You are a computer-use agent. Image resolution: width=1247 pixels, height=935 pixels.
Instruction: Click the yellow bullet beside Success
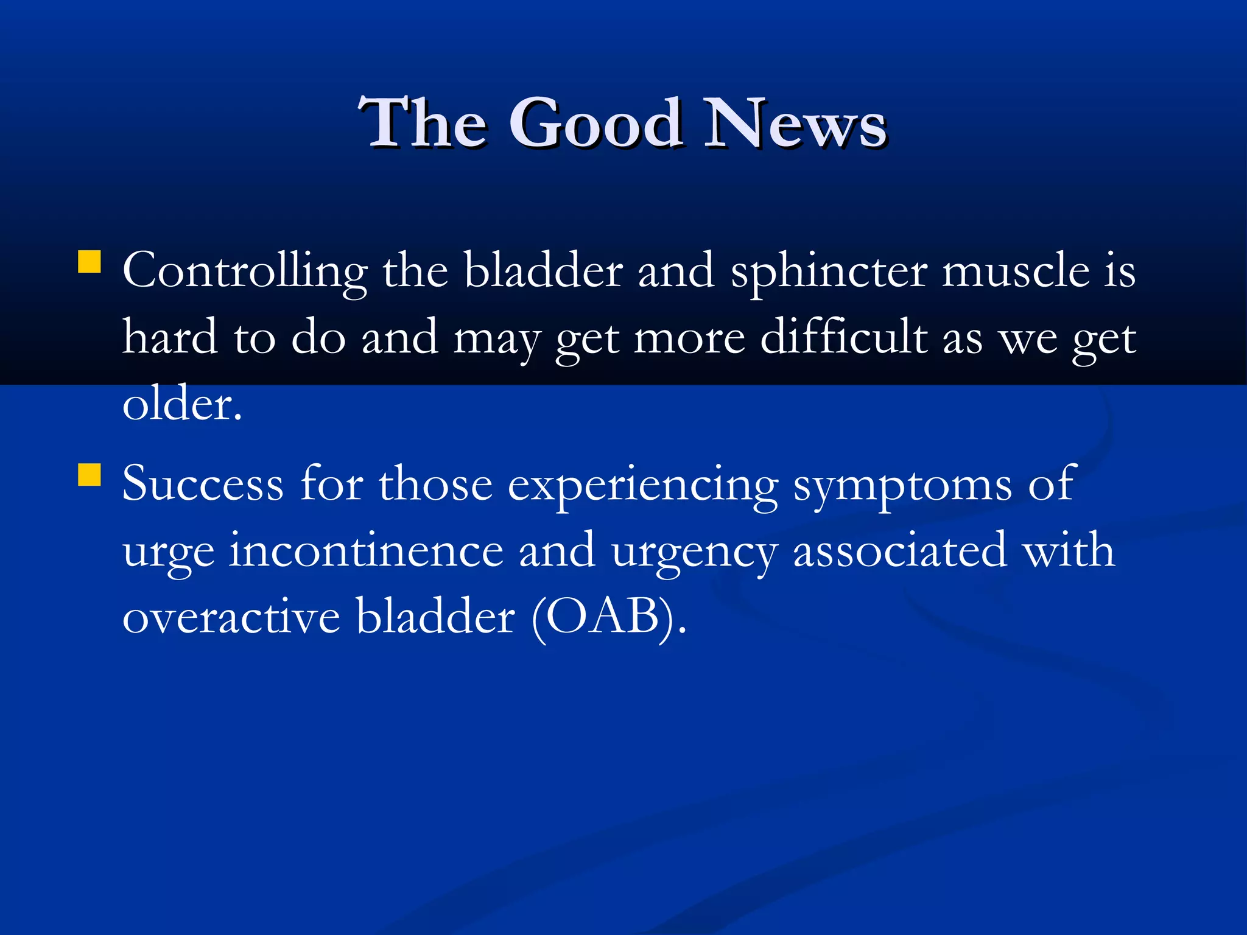coord(90,475)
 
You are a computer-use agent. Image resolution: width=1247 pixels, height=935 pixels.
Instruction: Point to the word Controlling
coord(245,271)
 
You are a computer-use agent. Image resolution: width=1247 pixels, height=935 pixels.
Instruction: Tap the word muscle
coord(1016,271)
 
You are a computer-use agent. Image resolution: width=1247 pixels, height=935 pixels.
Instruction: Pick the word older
coord(181,404)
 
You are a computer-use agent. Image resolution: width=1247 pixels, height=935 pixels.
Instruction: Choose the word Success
coord(203,485)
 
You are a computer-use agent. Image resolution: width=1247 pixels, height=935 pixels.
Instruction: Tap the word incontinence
coord(366,551)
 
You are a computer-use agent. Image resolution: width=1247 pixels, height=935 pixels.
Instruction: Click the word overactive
coord(231,618)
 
